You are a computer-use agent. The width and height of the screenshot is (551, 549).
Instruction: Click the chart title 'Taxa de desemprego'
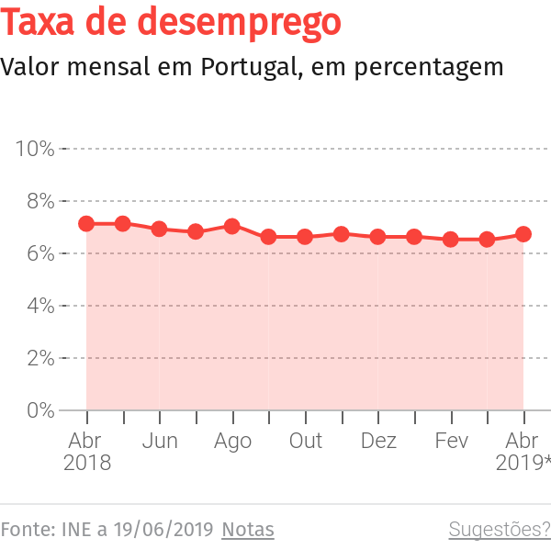[171, 23]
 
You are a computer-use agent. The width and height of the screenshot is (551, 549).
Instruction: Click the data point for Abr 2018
[86, 223]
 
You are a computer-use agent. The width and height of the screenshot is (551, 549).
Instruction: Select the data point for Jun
[159, 229]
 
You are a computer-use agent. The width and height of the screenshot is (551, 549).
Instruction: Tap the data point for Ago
[232, 226]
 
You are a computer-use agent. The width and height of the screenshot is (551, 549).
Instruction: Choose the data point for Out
[305, 237]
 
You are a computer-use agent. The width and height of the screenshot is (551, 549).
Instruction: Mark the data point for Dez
[377, 237]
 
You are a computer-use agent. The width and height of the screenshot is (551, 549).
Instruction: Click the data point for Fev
[451, 240]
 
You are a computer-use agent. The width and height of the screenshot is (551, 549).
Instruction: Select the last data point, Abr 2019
[523, 234]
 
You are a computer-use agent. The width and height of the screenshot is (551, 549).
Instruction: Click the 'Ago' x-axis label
[232, 441]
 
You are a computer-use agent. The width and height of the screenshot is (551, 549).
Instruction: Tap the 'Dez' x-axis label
[378, 441]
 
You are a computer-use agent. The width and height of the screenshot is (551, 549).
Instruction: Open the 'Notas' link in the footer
[248, 530]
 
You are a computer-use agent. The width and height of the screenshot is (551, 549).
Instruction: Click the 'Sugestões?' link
[499, 530]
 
